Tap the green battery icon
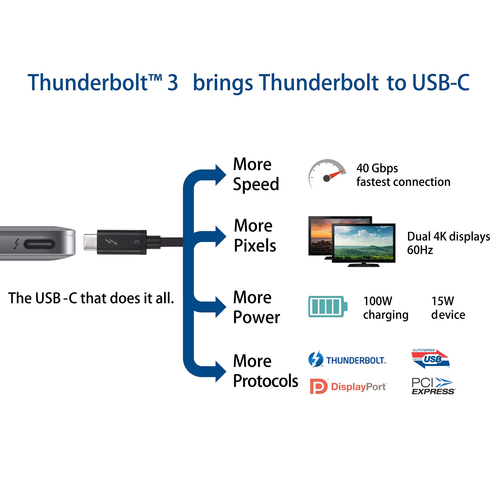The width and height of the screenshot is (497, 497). (328, 307)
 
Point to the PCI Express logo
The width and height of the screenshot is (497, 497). (433, 386)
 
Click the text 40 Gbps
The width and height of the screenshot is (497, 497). (377, 168)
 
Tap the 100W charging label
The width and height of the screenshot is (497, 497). (385, 308)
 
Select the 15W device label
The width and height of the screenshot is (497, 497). (448, 308)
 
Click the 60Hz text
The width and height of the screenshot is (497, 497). (420, 250)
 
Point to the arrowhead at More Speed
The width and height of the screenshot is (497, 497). (220, 175)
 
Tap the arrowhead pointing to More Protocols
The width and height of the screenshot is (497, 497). (220, 371)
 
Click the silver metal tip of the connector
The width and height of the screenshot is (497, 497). (90, 242)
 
